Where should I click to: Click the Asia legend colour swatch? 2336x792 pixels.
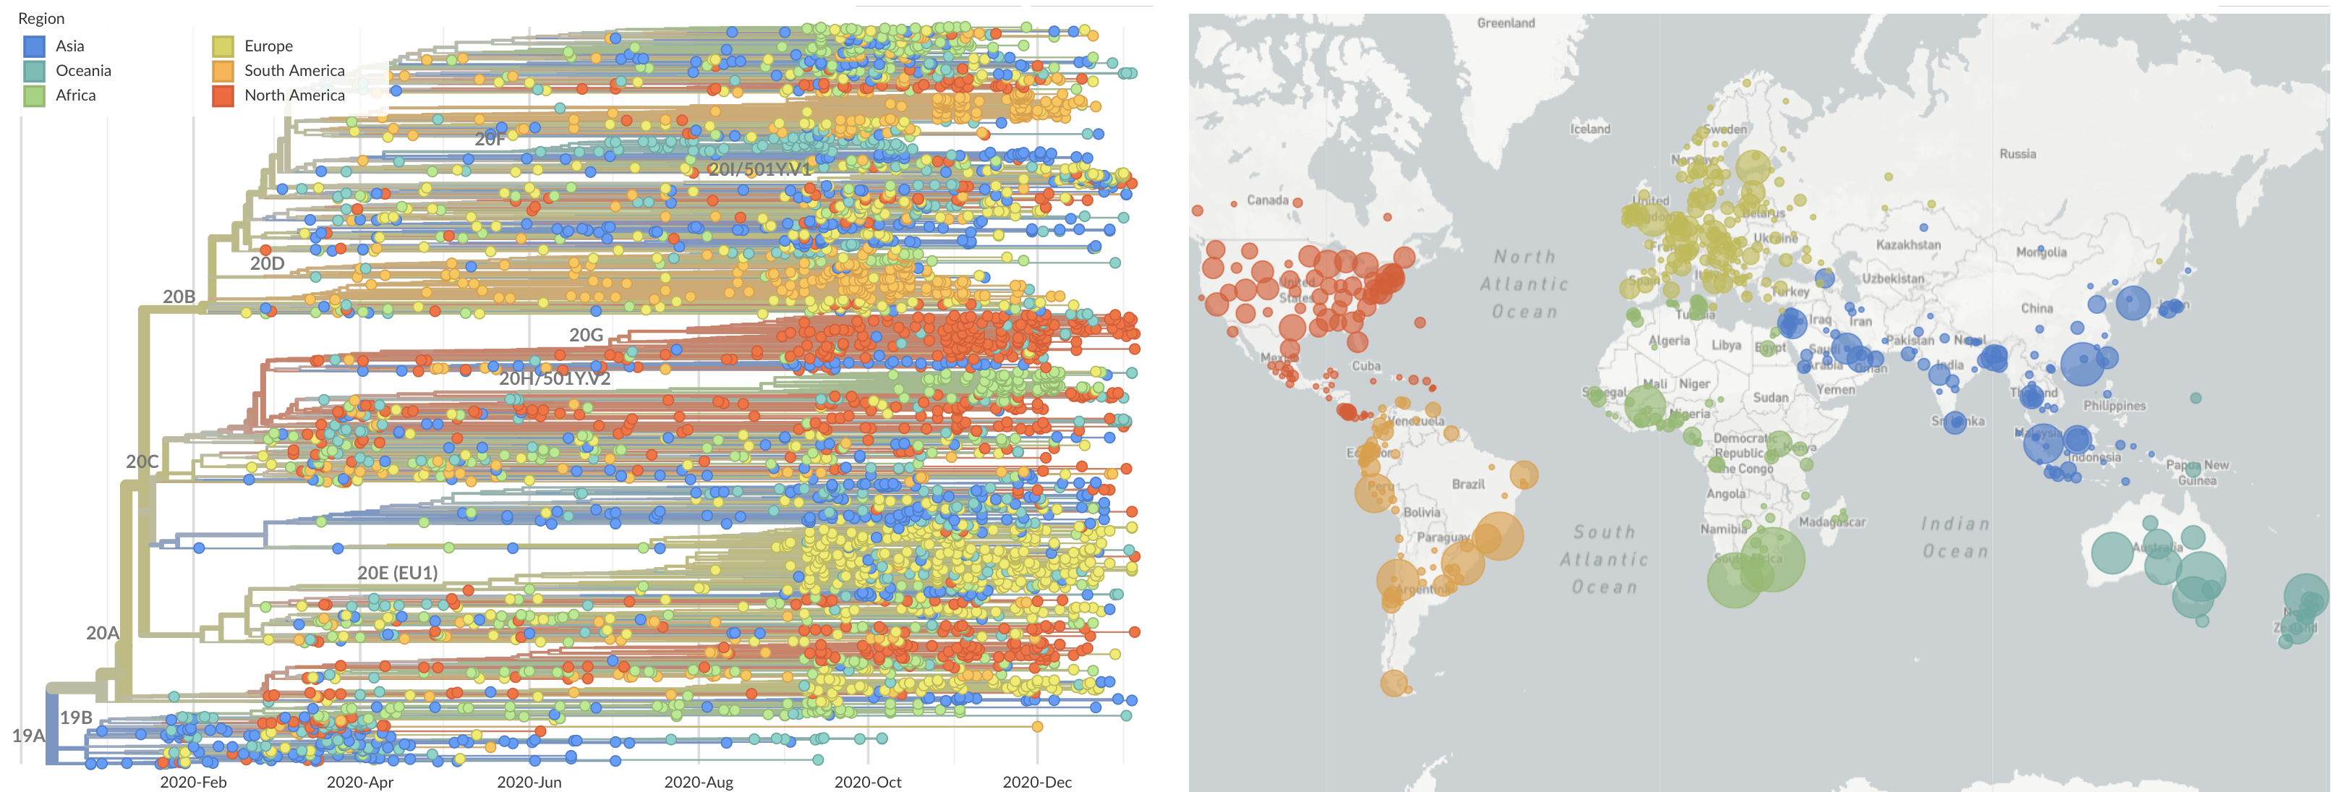tap(33, 46)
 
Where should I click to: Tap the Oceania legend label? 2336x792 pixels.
tap(83, 71)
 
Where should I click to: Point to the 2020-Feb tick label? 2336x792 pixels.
tap(193, 782)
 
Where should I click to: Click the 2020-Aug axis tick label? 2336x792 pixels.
tap(698, 782)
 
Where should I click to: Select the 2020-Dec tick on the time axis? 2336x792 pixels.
tap(1036, 782)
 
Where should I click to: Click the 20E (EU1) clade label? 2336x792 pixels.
tap(397, 572)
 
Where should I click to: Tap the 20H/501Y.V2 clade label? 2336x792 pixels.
tap(554, 378)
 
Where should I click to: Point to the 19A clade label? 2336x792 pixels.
tap(28, 736)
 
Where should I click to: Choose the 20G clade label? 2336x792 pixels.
tap(586, 335)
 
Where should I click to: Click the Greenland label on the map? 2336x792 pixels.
tap(1505, 22)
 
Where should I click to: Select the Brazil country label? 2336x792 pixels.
tap(1467, 485)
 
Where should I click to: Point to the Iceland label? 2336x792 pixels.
tap(1590, 129)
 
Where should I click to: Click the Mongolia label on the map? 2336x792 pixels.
tap(2041, 252)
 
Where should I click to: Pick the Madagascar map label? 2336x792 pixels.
tap(1832, 521)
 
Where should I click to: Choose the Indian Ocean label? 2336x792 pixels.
tap(1955, 537)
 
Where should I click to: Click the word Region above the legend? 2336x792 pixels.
tap(41, 18)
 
